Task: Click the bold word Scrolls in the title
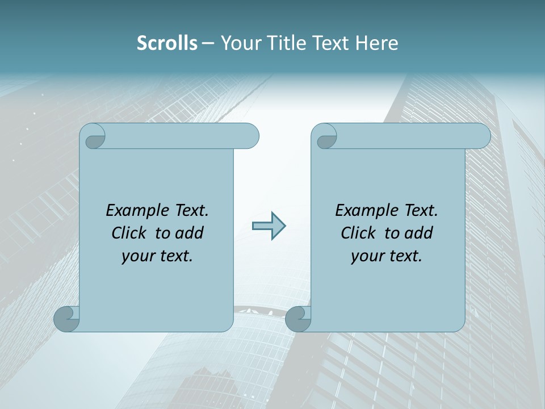click(167, 43)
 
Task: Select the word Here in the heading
click(377, 43)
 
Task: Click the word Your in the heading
click(241, 43)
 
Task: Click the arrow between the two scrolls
click(269, 226)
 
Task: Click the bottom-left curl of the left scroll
click(66, 319)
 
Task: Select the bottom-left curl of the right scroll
click(297, 319)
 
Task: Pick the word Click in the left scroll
click(129, 233)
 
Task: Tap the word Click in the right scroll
click(358, 233)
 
